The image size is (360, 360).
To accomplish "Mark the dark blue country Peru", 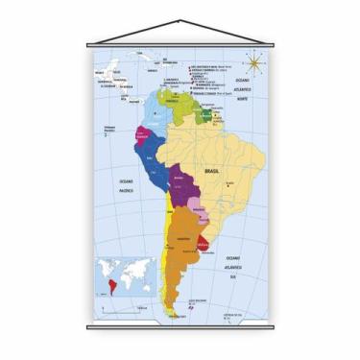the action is pos(149,158).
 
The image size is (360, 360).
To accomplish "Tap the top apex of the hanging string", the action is pos(180,20).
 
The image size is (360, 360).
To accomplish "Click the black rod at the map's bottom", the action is pos(180,326).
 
